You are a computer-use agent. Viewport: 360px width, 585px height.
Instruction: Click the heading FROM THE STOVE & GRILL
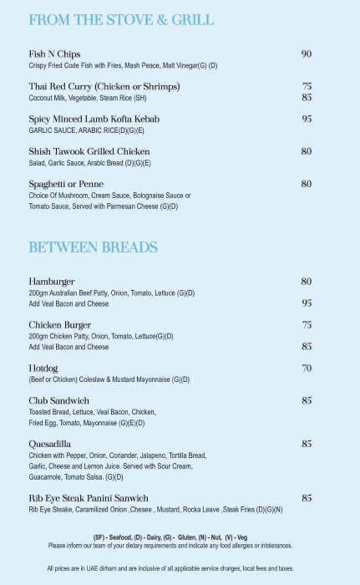[121, 19]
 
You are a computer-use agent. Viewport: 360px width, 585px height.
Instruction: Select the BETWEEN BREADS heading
[94, 247]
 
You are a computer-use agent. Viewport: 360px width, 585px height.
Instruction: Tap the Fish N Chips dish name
[54, 54]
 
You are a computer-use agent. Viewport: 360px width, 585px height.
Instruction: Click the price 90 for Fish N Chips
[306, 54]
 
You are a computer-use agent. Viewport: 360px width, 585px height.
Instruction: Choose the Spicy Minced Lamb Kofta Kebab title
[94, 120]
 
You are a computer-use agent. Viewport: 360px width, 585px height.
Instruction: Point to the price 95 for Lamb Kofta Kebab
[306, 120]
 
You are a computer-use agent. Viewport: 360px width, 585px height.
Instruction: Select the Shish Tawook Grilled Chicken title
[89, 151]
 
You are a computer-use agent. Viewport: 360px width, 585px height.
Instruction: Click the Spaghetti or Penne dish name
[65, 184]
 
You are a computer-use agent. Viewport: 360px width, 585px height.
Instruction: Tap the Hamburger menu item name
[52, 282]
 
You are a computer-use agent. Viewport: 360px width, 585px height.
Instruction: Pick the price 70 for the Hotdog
[306, 368]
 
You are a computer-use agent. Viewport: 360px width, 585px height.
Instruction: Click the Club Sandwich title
[60, 400]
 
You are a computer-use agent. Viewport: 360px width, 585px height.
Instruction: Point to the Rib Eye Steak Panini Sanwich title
[89, 498]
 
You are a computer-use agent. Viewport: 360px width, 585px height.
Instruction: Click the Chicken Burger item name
[60, 324]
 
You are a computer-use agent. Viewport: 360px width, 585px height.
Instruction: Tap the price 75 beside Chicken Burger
[306, 324]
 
